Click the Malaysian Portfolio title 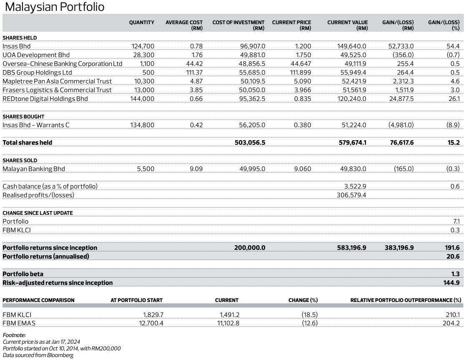tap(54, 7)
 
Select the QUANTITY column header tap(141, 23)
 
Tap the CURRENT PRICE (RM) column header tap(292, 25)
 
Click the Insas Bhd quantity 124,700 tap(143, 46)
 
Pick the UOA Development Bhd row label tap(36, 55)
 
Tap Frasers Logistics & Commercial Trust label tap(57, 90)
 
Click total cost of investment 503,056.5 tap(249, 143)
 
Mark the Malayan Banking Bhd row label tap(34, 169)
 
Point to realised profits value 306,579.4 tap(351, 195)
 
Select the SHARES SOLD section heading tap(20, 161)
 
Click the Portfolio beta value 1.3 tap(455, 274)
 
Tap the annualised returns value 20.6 tap(453, 257)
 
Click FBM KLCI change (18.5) tap(309, 315)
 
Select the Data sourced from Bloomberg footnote tap(38, 355)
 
